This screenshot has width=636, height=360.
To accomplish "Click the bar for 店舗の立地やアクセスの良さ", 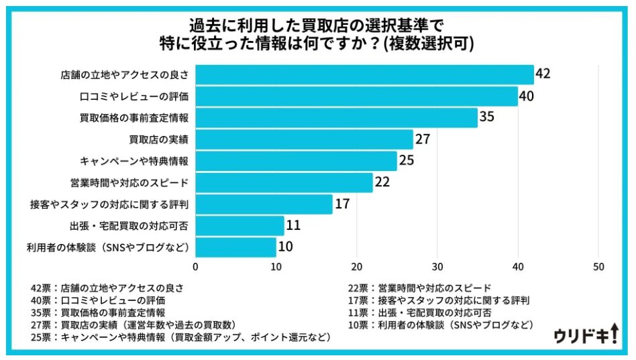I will coord(364,74).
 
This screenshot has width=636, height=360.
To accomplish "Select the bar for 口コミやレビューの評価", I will coord(356,96).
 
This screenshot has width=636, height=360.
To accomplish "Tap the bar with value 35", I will coord(336,117).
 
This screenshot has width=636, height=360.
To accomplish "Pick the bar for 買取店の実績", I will coord(304,139).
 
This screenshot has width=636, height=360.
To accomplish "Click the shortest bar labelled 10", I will coord(235,247).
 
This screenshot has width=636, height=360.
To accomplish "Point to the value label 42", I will coord(543,74).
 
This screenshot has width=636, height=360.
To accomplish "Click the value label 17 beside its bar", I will coord(342,204).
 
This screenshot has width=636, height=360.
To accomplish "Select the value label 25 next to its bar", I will coord(407,161).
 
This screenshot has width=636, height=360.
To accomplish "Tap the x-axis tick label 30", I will coord(437,266).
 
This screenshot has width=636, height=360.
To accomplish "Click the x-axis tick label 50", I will coord(598,266).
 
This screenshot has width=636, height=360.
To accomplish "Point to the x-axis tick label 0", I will coord(195,266).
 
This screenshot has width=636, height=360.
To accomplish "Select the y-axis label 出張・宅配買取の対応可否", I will coord(129,225).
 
